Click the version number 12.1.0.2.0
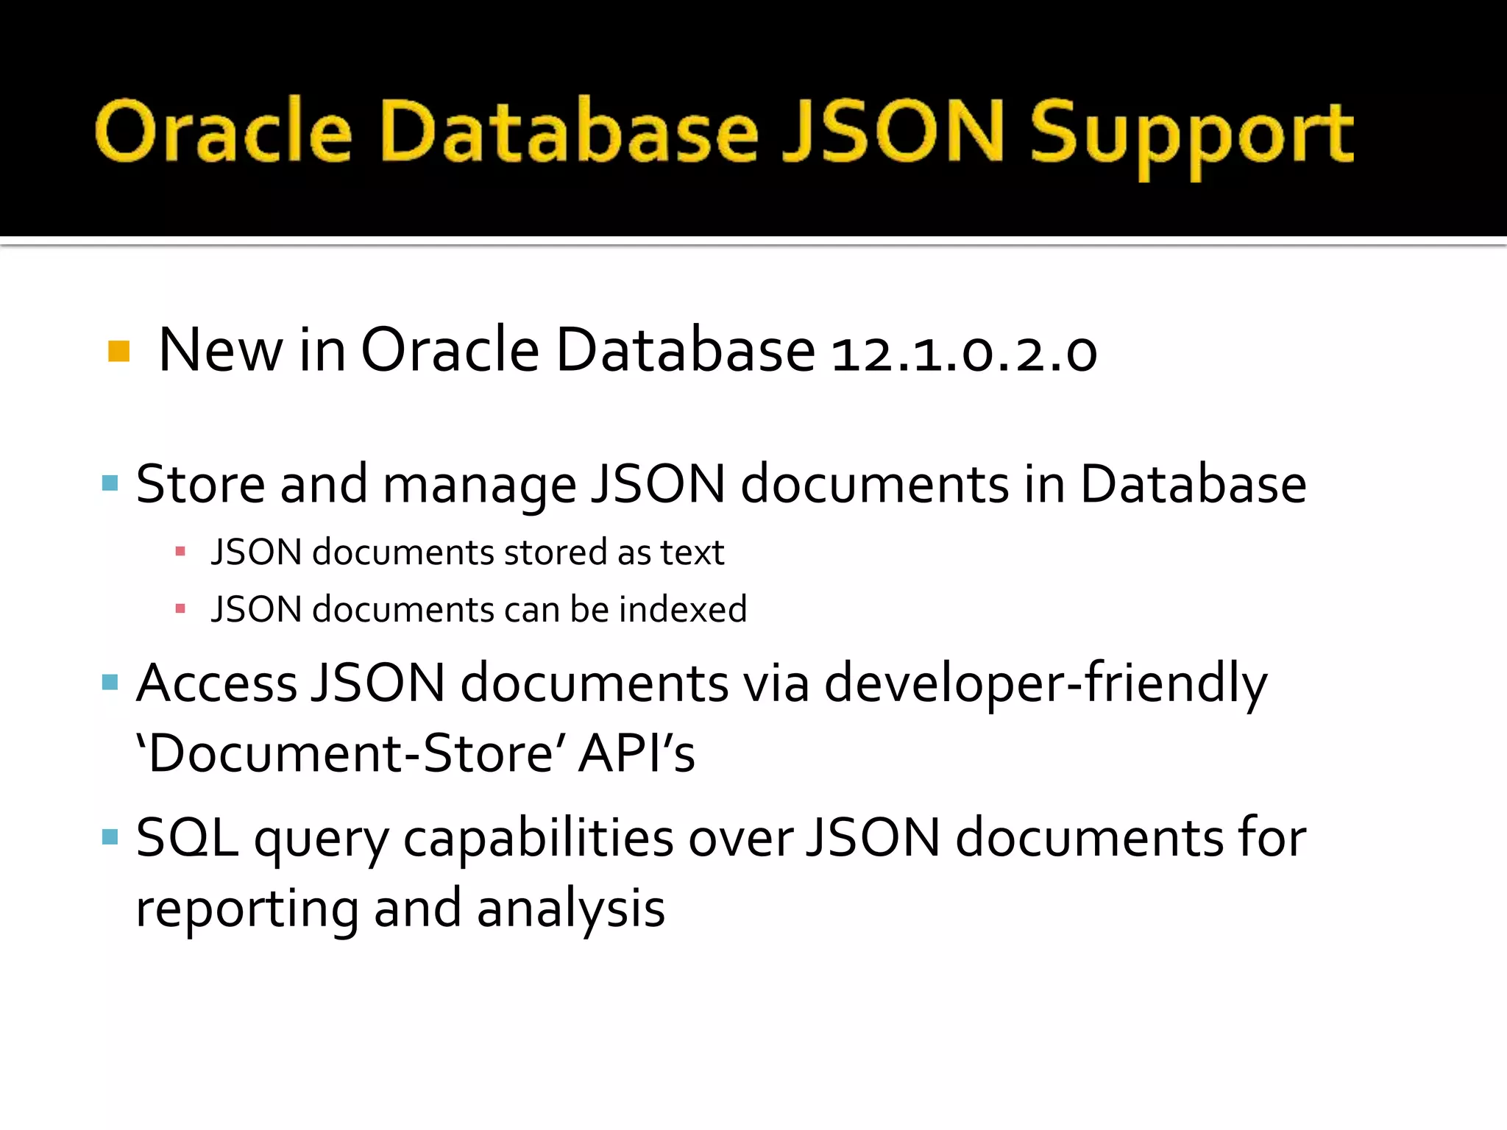pos(964,352)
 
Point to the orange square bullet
pos(118,351)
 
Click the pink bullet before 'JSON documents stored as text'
pos(180,551)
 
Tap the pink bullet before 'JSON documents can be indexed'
pos(180,608)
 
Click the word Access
pos(217,683)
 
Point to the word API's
pos(637,754)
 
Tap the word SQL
pos(187,838)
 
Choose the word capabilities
pos(538,839)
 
